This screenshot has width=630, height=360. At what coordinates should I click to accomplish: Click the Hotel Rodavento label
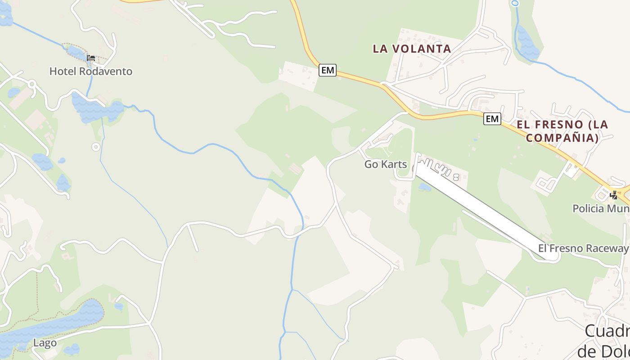coord(90,71)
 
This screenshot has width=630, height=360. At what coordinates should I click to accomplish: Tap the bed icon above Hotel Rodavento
coord(91,58)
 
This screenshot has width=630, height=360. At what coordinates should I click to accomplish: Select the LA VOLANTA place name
coord(412,49)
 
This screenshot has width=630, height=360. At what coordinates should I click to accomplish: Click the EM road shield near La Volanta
coord(328,70)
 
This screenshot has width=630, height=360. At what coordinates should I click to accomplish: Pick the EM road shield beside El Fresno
coord(492,119)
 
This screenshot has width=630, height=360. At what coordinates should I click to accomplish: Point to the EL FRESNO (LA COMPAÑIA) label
coord(562,131)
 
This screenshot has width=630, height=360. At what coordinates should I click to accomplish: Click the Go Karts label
coord(386,164)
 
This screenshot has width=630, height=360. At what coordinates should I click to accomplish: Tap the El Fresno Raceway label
coord(583,248)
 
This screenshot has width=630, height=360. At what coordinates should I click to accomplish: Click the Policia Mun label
coord(601,208)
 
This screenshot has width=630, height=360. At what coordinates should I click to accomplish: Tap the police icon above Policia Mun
coord(613,195)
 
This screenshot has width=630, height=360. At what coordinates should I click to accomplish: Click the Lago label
coord(45,343)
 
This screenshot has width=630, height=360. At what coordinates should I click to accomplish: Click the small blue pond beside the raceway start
coord(424,187)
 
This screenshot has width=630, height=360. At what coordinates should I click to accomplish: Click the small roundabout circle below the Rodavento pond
coord(95,147)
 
